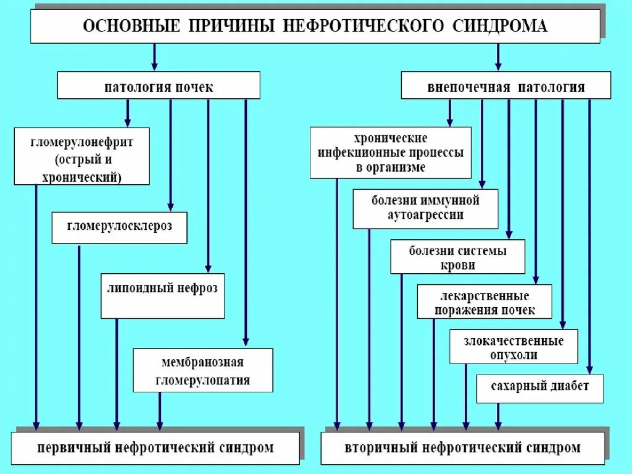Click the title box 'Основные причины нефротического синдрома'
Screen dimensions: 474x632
click(x=315, y=26)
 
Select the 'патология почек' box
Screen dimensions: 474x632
click(x=159, y=86)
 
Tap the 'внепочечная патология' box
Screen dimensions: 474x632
click(x=505, y=86)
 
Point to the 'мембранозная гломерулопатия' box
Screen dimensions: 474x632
click(x=202, y=370)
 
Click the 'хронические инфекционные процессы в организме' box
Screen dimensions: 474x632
click(x=390, y=153)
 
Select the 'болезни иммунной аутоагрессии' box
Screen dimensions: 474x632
click(x=425, y=209)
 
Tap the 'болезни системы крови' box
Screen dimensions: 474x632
click(x=457, y=257)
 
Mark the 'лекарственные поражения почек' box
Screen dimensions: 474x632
click(x=484, y=302)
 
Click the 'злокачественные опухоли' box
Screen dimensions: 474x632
click(x=513, y=347)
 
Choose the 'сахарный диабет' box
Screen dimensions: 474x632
click(x=540, y=388)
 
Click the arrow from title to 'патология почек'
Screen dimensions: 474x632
click(x=154, y=57)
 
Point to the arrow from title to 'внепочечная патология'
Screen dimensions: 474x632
click(x=498, y=57)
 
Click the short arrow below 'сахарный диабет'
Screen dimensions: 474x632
click(x=498, y=417)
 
